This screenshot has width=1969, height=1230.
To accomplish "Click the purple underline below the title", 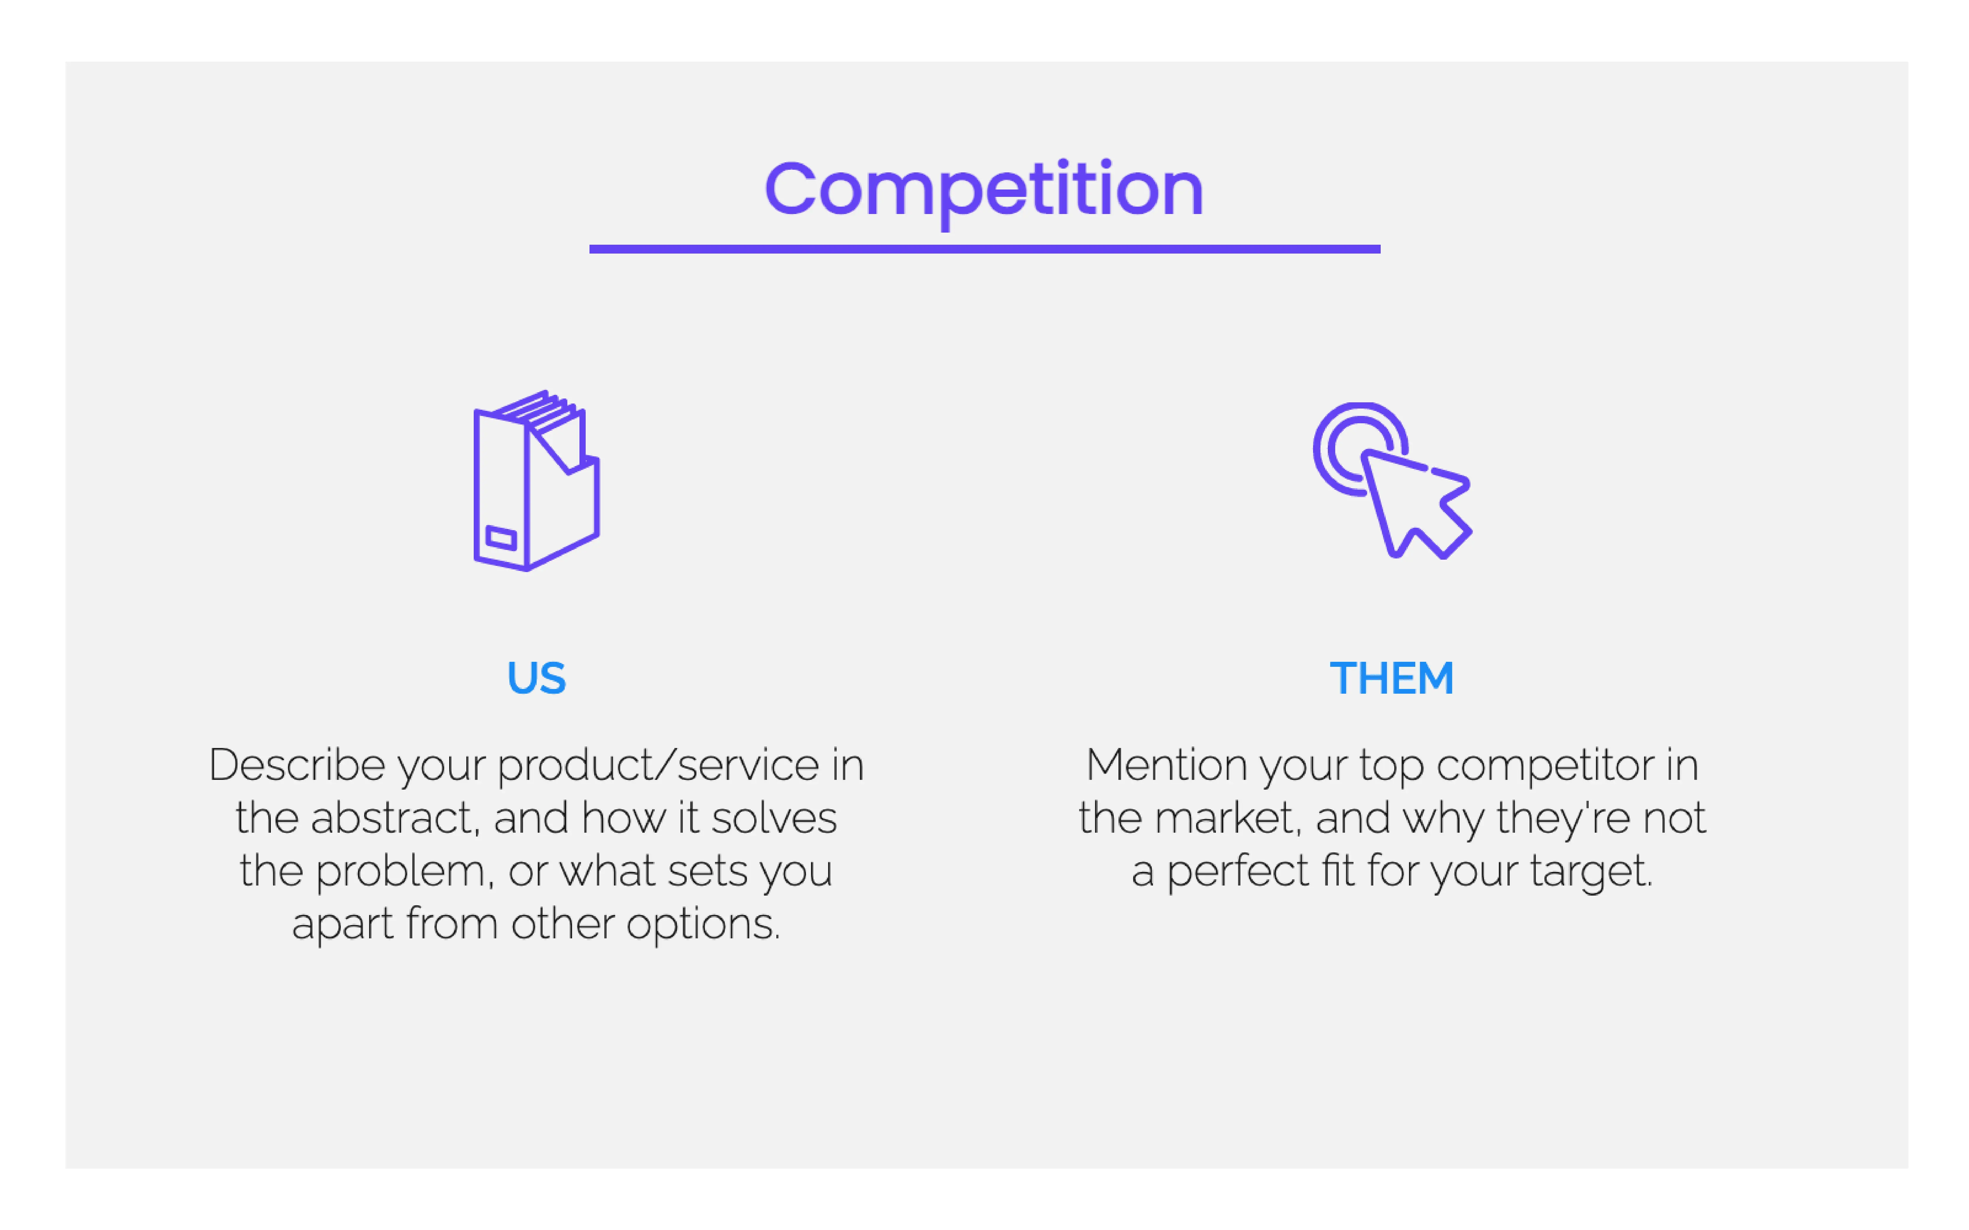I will coord(984,249).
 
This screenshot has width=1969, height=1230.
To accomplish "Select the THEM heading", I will coord(1391,678).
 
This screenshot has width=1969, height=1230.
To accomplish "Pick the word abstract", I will coord(394,818).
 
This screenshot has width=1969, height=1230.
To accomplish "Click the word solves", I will coord(773,818).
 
